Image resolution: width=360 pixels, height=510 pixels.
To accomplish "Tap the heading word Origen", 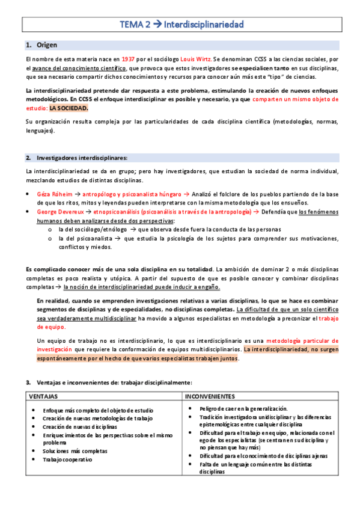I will point(47,45).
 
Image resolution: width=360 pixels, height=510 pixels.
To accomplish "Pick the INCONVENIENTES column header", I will point(210,397).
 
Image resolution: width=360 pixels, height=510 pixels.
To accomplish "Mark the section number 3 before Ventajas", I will point(28,382).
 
